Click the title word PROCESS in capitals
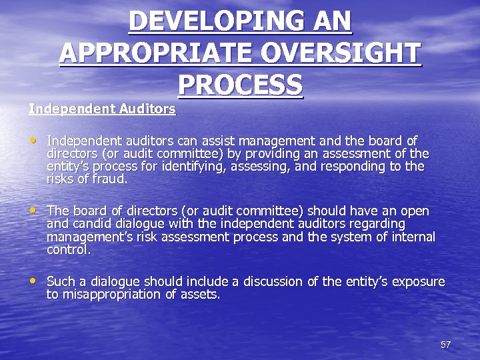tap(240, 85)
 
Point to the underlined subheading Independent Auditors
tap(102, 108)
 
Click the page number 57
tap(445, 345)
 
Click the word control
tap(68, 250)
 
